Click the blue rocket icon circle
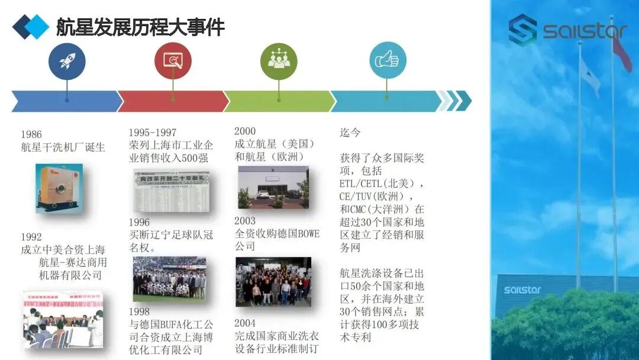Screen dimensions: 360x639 (x=67, y=61)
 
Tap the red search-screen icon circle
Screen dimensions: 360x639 (x=173, y=61)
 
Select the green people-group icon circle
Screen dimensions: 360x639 (x=279, y=61)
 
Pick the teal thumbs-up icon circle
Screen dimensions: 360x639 (x=388, y=61)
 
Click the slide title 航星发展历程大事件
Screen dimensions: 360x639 (x=140, y=27)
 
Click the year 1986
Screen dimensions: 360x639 (x=31, y=134)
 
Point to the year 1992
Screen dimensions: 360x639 (x=31, y=237)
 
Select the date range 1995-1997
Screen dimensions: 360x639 (x=153, y=133)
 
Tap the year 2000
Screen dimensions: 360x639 (x=245, y=131)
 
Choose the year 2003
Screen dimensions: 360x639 (x=245, y=220)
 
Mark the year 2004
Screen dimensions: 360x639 (x=245, y=323)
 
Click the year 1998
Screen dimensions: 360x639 (x=140, y=312)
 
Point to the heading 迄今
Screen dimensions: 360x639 (x=350, y=133)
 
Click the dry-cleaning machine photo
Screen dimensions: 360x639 (x=59, y=188)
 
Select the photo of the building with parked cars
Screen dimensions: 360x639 (x=273, y=187)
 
